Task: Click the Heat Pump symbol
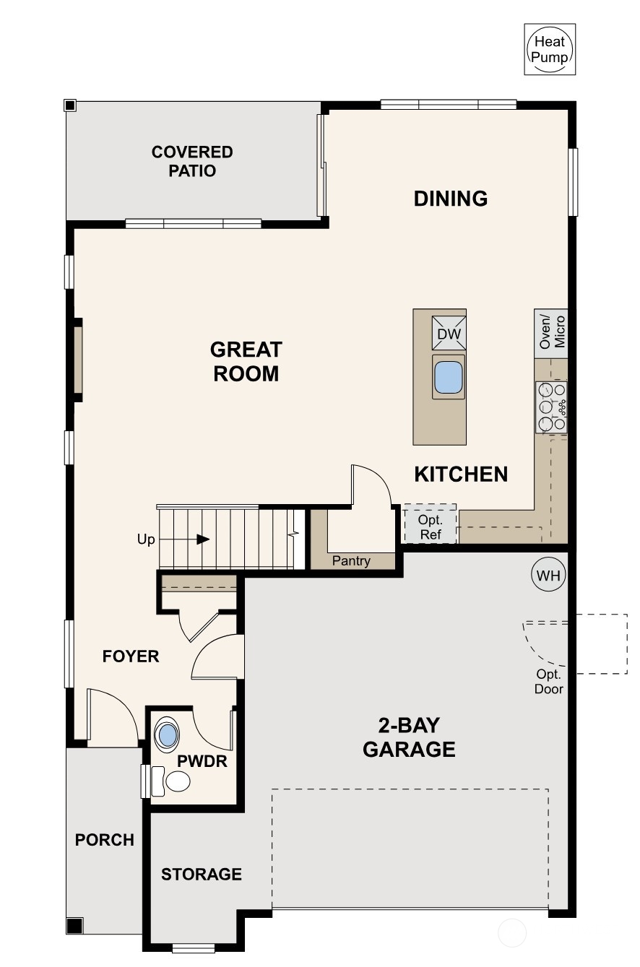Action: point(550,49)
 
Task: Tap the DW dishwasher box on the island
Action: point(449,333)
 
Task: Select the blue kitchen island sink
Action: point(449,377)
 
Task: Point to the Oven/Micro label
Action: point(551,332)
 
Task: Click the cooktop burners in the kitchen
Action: point(551,407)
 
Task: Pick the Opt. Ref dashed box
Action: point(430,524)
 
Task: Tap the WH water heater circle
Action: point(548,575)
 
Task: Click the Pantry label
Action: point(351,561)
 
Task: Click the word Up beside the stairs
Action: point(145,539)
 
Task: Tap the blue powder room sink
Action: point(168,735)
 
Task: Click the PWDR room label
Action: point(202,761)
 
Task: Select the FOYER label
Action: point(131,656)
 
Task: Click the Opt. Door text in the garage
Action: point(548,682)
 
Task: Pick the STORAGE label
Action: point(202,874)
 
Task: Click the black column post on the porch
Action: point(74,926)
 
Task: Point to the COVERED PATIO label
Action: point(192,161)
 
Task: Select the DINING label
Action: point(451,199)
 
